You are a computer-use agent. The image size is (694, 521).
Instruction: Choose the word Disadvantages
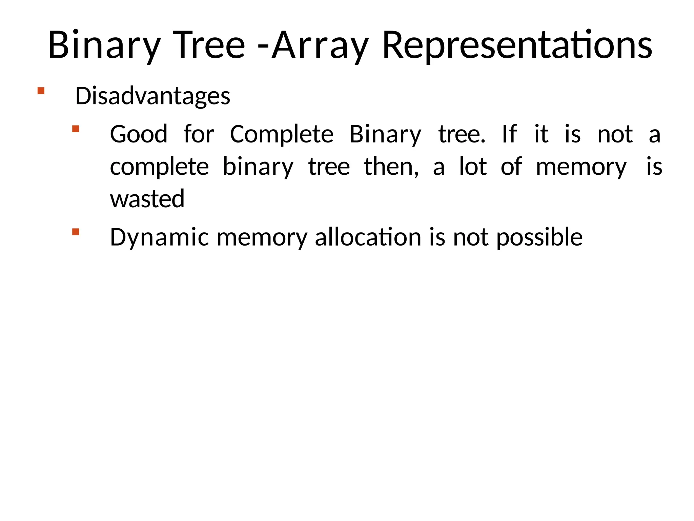point(152,96)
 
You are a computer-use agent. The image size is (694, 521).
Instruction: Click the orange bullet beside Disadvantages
point(41,91)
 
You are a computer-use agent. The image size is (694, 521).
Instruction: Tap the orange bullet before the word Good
point(76,129)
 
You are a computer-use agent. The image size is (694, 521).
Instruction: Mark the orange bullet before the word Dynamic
point(76,232)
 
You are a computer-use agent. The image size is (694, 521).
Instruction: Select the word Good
point(139,134)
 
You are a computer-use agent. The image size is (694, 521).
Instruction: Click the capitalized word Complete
point(282,134)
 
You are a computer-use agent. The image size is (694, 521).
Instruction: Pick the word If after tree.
point(509,134)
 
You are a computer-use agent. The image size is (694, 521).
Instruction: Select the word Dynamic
point(159,237)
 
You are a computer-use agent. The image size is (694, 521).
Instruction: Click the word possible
point(539,237)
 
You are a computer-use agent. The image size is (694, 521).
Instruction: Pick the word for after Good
point(199,134)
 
